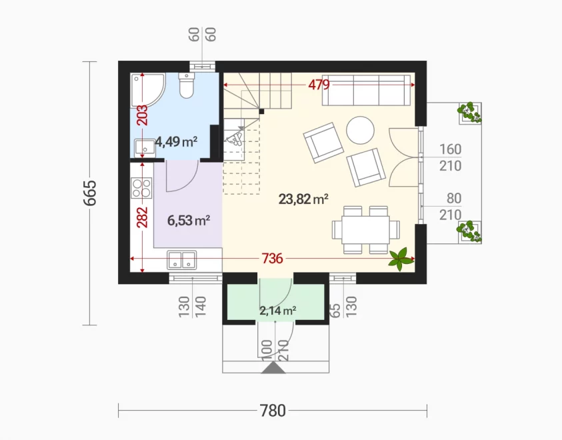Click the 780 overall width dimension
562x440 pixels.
click(273, 411)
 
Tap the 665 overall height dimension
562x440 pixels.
click(90, 193)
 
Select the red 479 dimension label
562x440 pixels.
click(319, 85)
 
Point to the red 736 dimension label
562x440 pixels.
click(273, 258)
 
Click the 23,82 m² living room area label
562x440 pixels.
click(303, 199)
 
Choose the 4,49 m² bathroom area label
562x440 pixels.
click(176, 142)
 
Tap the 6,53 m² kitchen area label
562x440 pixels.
click(189, 221)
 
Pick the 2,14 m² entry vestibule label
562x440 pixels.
click(278, 311)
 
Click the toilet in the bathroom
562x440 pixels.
click(186, 85)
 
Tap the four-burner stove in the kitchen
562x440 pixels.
click(141, 188)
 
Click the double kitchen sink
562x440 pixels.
click(182, 260)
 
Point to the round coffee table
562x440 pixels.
click(360, 131)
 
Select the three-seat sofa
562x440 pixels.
click(366, 90)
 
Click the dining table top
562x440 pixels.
click(365, 230)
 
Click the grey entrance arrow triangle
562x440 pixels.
click(273, 367)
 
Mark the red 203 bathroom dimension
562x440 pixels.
click(142, 115)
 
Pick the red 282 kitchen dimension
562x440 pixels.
click(142, 217)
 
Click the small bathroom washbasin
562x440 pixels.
click(145, 147)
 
